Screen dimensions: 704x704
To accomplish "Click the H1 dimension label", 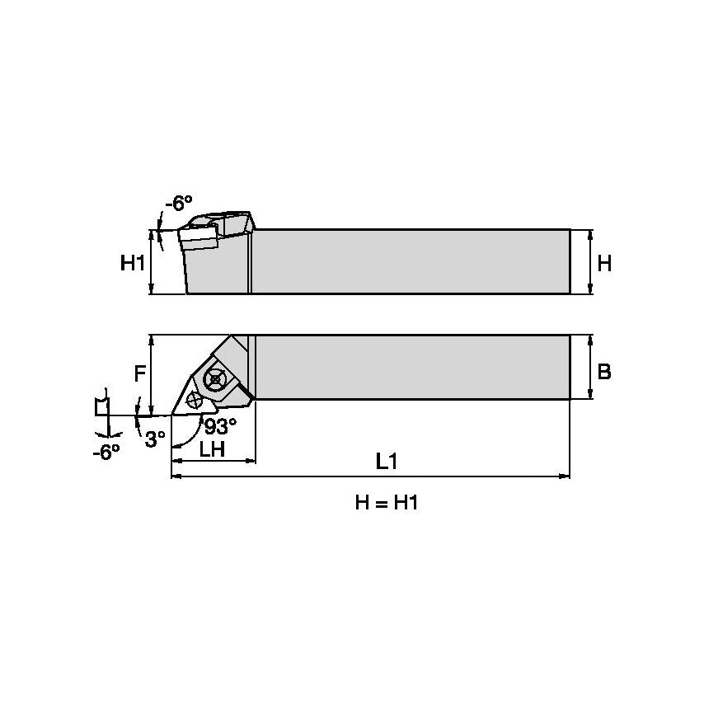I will [x=132, y=263].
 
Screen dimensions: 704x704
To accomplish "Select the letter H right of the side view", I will [x=604, y=263].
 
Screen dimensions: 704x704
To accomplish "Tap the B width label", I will [x=604, y=372].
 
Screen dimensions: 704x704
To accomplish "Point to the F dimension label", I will [x=140, y=373].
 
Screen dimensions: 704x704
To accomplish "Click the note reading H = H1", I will [x=387, y=504].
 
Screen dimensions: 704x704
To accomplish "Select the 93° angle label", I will [x=221, y=426].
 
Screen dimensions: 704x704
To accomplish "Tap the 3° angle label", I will [x=155, y=439].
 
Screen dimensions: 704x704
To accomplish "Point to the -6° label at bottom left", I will [x=106, y=451].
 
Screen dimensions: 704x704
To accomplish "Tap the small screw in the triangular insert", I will [x=195, y=401].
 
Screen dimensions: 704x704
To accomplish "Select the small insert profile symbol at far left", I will [x=101, y=406].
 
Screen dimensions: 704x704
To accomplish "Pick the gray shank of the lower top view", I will [x=412, y=368].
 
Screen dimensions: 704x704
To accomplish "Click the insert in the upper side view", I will [x=199, y=237].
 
